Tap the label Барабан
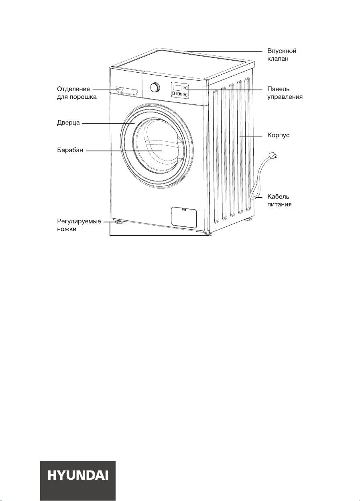pyautogui.click(x=70, y=150)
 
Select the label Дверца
pyautogui.click(x=68, y=123)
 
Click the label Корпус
pyautogui.click(x=278, y=136)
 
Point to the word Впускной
pyautogui.click(x=282, y=51)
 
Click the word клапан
pyautogui.click(x=278, y=59)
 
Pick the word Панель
pyautogui.click(x=279, y=89)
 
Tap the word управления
pyautogui.click(x=285, y=97)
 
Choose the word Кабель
pyautogui.click(x=278, y=197)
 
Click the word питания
pyautogui.click(x=279, y=204)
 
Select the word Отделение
pyautogui.click(x=73, y=89)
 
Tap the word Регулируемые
pyautogui.click(x=79, y=222)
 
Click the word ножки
pyautogui.click(x=67, y=229)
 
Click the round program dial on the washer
pyautogui.click(x=155, y=87)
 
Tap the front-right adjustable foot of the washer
pyautogui.click(x=208, y=234)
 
